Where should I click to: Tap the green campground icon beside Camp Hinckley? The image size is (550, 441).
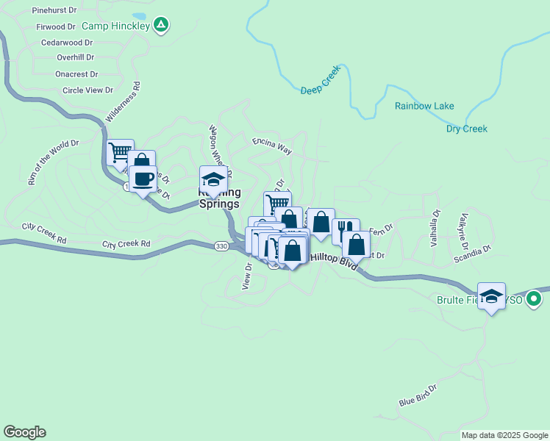click(162, 26)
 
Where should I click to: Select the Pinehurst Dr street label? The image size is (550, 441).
click(54, 10)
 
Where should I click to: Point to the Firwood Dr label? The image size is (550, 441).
click(55, 26)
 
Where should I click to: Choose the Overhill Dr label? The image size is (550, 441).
click(75, 57)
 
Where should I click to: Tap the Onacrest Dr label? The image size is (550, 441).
click(76, 74)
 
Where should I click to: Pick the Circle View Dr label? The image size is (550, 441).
click(87, 90)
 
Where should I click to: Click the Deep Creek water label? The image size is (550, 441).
click(317, 90)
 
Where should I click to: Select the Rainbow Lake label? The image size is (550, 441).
click(424, 106)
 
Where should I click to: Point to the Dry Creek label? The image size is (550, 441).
click(467, 129)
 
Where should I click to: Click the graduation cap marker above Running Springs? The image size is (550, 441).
click(213, 179)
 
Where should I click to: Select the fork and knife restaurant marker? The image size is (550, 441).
click(346, 230)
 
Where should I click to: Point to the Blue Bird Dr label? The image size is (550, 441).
click(418, 395)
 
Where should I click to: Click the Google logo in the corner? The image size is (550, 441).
click(24, 432)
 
